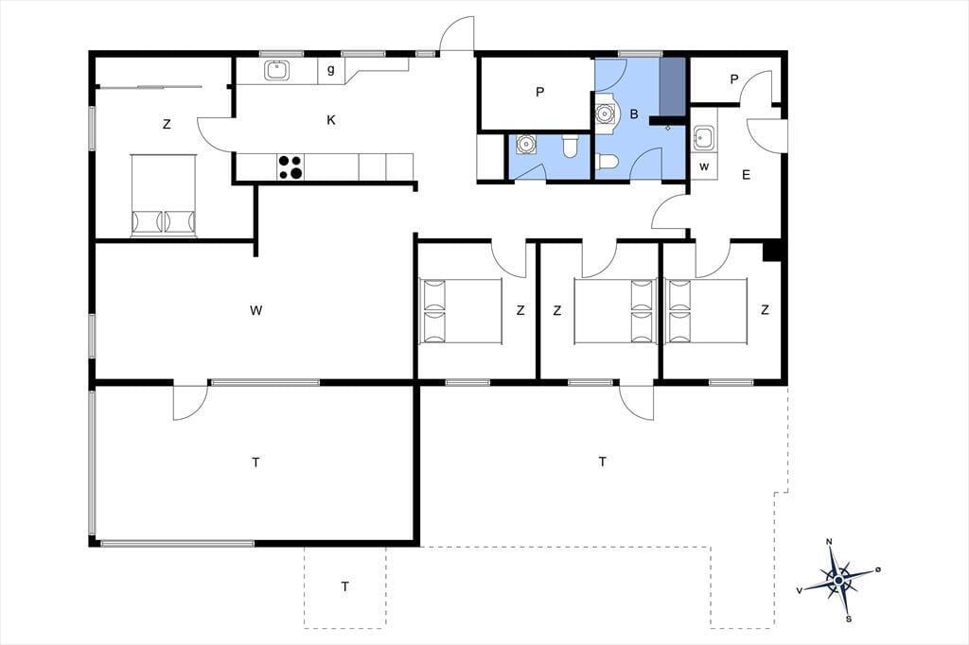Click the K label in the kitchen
click(x=331, y=120)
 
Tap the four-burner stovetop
click(x=291, y=166)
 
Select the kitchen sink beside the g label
click(x=277, y=70)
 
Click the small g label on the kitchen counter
click(x=331, y=70)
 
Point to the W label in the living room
click(x=255, y=310)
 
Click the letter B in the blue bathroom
click(x=633, y=114)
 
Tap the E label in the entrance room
click(x=746, y=175)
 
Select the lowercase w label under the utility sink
click(x=704, y=166)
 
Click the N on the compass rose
click(x=829, y=542)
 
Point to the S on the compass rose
click(x=849, y=619)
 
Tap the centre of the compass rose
click(x=838, y=581)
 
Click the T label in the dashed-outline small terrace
click(x=344, y=586)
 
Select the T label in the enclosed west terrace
click(x=255, y=462)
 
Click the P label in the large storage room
click(x=540, y=92)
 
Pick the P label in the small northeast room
click(x=734, y=79)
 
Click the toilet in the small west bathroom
click(x=570, y=147)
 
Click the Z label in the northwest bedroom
click(x=167, y=124)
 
